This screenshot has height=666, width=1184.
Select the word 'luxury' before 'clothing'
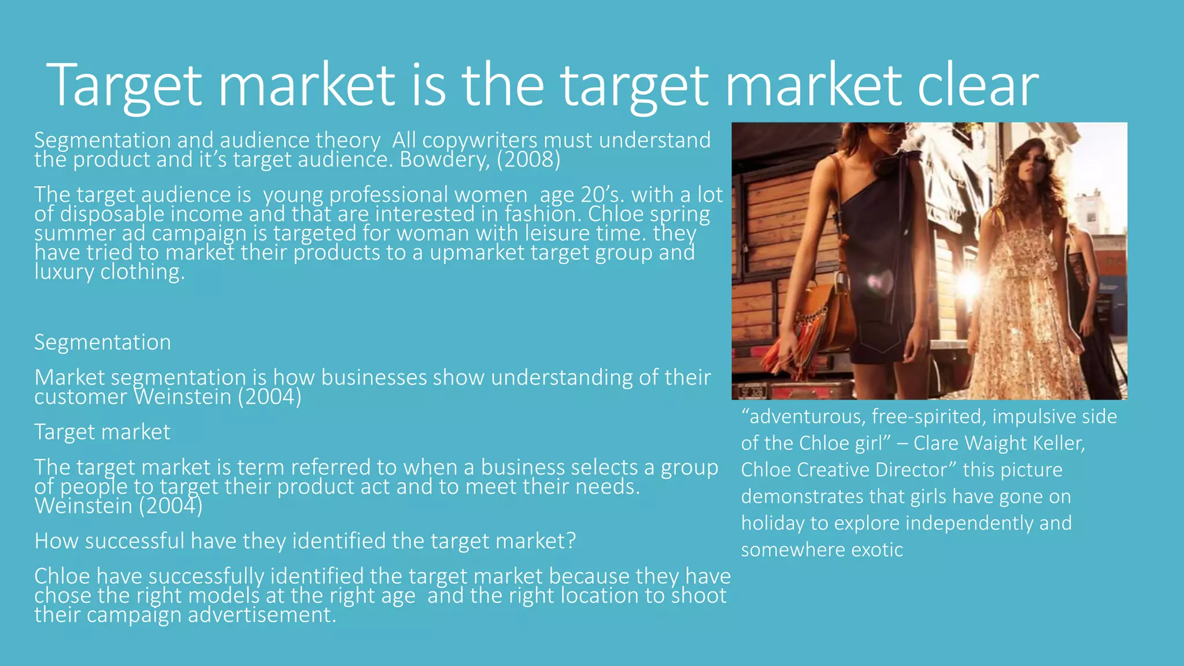point(64,272)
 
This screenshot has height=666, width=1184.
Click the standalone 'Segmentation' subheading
point(102,342)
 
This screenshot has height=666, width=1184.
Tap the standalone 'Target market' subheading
point(102,432)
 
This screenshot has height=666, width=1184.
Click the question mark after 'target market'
point(571,541)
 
